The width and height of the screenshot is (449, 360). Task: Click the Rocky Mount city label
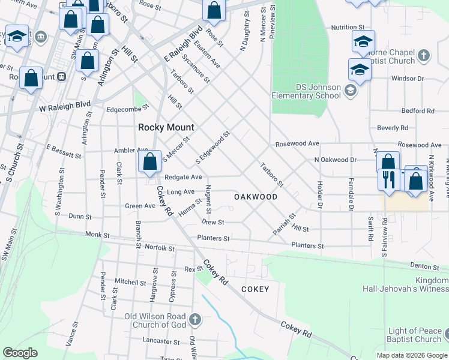166,127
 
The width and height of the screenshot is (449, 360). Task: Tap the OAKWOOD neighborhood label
256,197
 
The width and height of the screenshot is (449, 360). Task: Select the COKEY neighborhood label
255,289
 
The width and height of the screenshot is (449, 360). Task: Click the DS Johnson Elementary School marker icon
351,91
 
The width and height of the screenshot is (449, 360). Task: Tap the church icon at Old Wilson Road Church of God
194,319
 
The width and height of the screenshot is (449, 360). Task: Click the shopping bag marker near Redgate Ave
149,162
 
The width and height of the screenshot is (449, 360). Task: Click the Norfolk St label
159,248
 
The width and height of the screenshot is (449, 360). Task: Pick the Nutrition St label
348,28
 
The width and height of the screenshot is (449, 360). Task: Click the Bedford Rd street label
418,111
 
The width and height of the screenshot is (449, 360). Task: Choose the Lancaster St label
157,340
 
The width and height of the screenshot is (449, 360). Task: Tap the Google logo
20,353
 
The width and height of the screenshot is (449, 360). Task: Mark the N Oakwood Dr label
336,160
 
